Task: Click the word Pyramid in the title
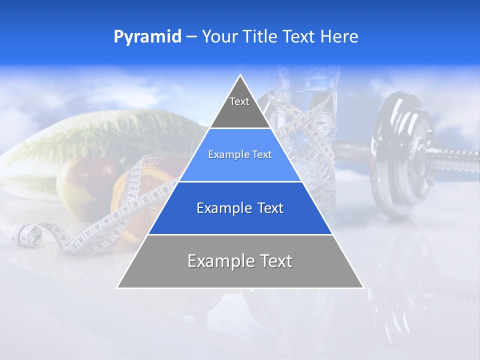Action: pos(147,37)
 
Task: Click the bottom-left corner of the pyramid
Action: pos(118,287)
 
